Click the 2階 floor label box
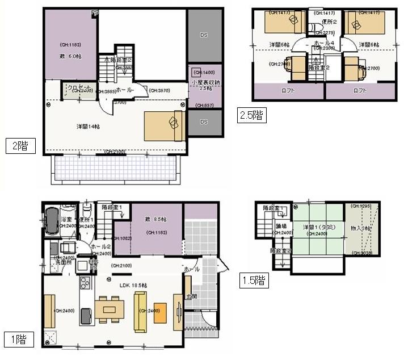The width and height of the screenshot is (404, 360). pyautogui.click(x=21, y=145)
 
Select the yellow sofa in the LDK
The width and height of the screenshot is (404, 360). pyautogui.click(x=141, y=311)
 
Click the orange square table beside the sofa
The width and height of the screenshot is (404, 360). pyautogui.click(x=161, y=311)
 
